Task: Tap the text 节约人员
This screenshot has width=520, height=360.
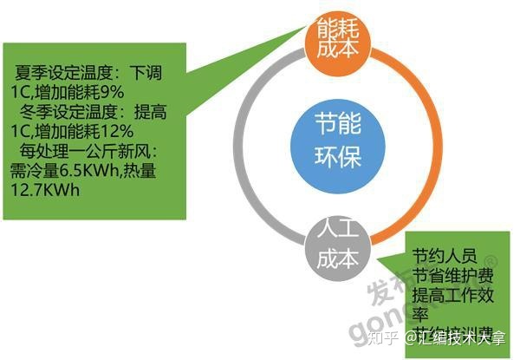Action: pos(445,256)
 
